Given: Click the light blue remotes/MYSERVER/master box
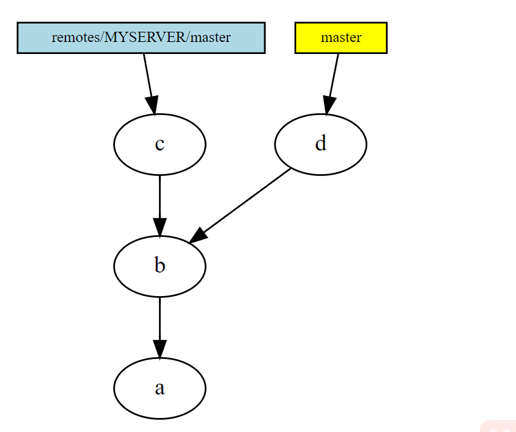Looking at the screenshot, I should (140, 37).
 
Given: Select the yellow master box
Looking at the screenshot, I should (341, 37).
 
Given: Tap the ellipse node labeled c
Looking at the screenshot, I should (160, 144).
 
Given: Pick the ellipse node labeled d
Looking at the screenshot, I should (320, 144).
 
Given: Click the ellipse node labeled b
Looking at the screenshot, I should (160, 266).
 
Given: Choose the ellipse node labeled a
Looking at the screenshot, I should (160, 388).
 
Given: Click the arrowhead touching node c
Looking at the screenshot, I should (152, 105).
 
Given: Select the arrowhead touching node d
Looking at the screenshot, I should (328, 105).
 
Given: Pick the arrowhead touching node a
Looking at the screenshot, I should (160, 349).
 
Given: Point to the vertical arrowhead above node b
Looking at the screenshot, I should (160, 227).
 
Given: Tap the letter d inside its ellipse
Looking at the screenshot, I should (320, 144).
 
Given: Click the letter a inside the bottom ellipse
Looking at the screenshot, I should (160, 388).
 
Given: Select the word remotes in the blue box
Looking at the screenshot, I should (67, 37).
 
